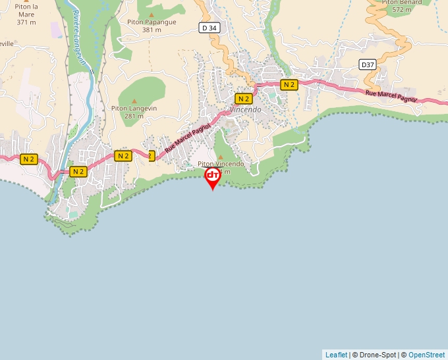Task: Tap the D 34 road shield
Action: pyautogui.click(x=209, y=28)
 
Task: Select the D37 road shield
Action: pyautogui.click(x=368, y=64)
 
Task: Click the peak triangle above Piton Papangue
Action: pyautogui.click(x=151, y=14)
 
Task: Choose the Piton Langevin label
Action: pyautogui.click(x=134, y=108)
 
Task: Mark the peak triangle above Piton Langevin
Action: pyautogui.click(x=134, y=100)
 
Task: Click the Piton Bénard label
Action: pyautogui.click(x=402, y=2)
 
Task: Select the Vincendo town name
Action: pyautogui.click(x=246, y=109)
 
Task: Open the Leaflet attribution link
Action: pyautogui.click(x=336, y=355)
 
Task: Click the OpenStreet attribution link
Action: pyautogui.click(x=426, y=355)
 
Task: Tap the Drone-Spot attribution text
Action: pyautogui.click(x=378, y=355)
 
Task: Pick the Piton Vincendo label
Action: pyautogui.click(x=221, y=164)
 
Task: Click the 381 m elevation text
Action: pyautogui.click(x=152, y=30)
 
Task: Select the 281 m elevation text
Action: pyautogui.click(x=134, y=116)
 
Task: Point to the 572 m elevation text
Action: pyautogui.click(x=401, y=10)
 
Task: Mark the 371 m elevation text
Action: pyautogui.click(x=26, y=22)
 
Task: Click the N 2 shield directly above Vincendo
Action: pyautogui.click(x=244, y=98)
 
